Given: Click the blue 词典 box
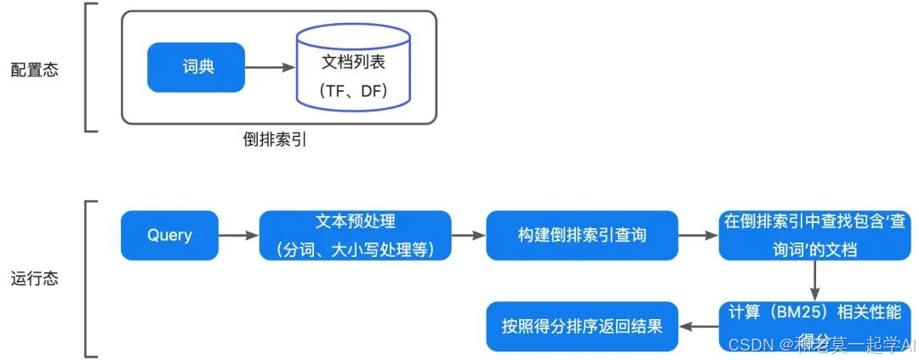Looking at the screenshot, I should point(196,66).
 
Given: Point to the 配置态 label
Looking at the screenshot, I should point(35,70).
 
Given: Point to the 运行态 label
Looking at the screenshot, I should point(35,278).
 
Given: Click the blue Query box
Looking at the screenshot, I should point(169,235).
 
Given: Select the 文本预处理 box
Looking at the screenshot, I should point(355,235).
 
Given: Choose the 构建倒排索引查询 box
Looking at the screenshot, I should point(582,235).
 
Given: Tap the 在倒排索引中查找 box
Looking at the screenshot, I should point(814,235).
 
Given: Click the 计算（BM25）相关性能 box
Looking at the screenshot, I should point(814,324).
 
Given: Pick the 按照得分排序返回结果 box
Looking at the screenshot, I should point(582,325).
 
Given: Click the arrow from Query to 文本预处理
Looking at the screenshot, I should point(238,235).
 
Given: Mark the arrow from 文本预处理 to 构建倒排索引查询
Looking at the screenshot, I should point(468,235).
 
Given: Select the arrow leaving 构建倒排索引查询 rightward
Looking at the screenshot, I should point(698,235).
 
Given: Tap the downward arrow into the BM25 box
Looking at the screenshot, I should point(814,280).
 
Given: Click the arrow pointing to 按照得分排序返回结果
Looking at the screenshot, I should point(698,325).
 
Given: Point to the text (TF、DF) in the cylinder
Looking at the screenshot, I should point(354,90).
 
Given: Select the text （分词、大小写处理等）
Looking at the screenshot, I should point(355,249).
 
